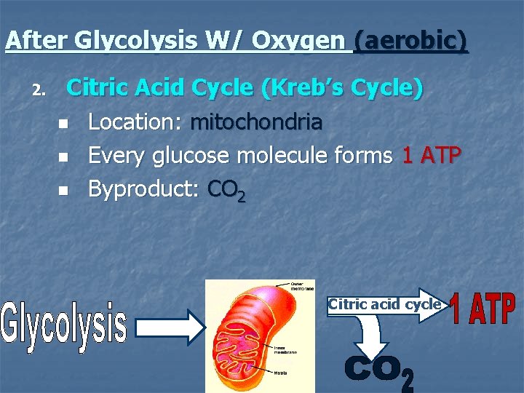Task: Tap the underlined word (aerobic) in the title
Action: tap(410, 40)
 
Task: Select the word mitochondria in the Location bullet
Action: tap(255, 122)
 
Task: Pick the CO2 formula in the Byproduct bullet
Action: tap(226, 190)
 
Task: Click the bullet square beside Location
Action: tap(63, 123)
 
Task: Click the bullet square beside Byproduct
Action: tap(63, 191)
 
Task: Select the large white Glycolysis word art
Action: tap(64, 324)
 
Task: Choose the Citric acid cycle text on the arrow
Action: tap(384, 304)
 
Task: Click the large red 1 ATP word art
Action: tap(483, 309)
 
